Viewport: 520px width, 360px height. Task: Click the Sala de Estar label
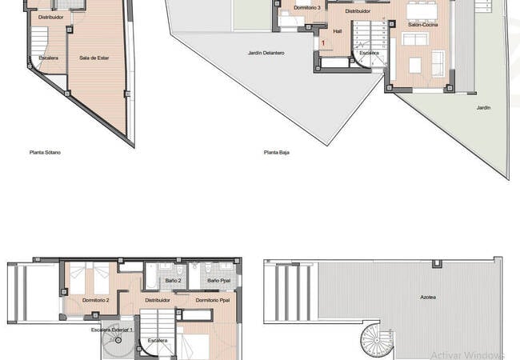click(x=94, y=58)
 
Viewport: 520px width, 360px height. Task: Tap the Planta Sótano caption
click(x=45, y=151)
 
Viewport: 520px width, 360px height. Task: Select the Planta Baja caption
click(x=277, y=151)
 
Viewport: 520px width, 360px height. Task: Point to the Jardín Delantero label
click(x=266, y=53)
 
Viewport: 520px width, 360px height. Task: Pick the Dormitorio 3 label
click(x=307, y=7)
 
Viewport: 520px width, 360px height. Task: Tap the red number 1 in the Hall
click(x=323, y=42)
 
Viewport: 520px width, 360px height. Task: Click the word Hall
click(x=337, y=31)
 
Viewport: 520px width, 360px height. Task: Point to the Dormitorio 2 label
click(x=96, y=300)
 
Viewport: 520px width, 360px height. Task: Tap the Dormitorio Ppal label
click(x=212, y=300)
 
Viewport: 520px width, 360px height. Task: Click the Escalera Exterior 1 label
click(x=112, y=330)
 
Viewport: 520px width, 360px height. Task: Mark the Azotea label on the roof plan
click(x=429, y=297)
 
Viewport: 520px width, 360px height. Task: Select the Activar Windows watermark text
click(x=467, y=354)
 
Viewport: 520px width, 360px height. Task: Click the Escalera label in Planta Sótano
click(x=49, y=58)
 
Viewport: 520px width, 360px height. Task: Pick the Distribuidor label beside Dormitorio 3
click(x=358, y=12)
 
